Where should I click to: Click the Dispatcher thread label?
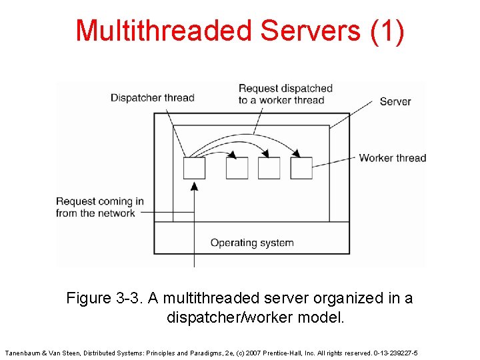[x=152, y=98]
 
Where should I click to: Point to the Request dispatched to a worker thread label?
[x=285, y=94]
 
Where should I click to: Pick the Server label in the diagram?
[x=395, y=101]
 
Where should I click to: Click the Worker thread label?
[x=392, y=158]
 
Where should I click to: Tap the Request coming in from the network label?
[x=100, y=207]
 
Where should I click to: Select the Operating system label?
[x=251, y=243]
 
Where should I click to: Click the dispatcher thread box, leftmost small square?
[x=194, y=168]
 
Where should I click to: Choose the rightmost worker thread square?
[x=301, y=168]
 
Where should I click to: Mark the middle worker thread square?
[x=269, y=168]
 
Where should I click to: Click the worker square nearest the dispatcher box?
[x=237, y=168]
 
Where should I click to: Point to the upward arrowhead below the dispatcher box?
[x=194, y=186]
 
